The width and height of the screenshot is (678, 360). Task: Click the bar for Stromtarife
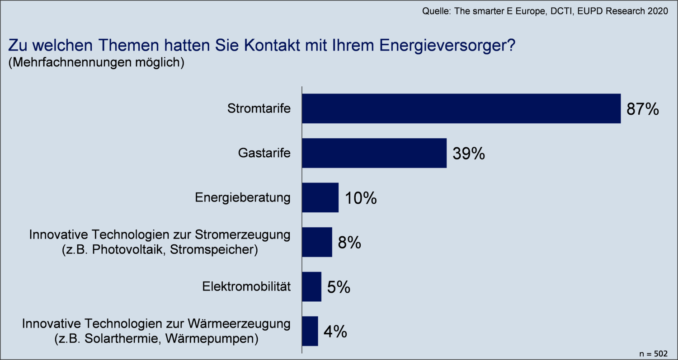[461, 108]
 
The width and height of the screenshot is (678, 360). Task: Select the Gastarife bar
[374, 153]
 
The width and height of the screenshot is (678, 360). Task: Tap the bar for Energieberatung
[320, 197]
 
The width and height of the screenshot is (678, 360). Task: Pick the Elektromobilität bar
[311, 286]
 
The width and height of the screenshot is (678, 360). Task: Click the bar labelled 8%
[317, 242]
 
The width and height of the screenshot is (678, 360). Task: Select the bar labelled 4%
[310, 331]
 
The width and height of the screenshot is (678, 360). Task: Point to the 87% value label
[642, 109]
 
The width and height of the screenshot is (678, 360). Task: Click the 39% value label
[469, 154]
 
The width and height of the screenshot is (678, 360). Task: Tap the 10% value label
[361, 198]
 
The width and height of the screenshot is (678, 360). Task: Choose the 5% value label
[339, 287]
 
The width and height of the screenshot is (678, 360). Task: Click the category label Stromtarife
[259, 109]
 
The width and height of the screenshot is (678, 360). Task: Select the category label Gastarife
[264, 153]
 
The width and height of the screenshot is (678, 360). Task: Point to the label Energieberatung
[242, 198]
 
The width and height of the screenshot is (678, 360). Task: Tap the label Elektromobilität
[246, 287]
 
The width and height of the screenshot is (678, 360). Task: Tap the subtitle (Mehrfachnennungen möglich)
[96, 62]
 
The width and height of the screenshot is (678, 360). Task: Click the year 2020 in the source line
[656, 11]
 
